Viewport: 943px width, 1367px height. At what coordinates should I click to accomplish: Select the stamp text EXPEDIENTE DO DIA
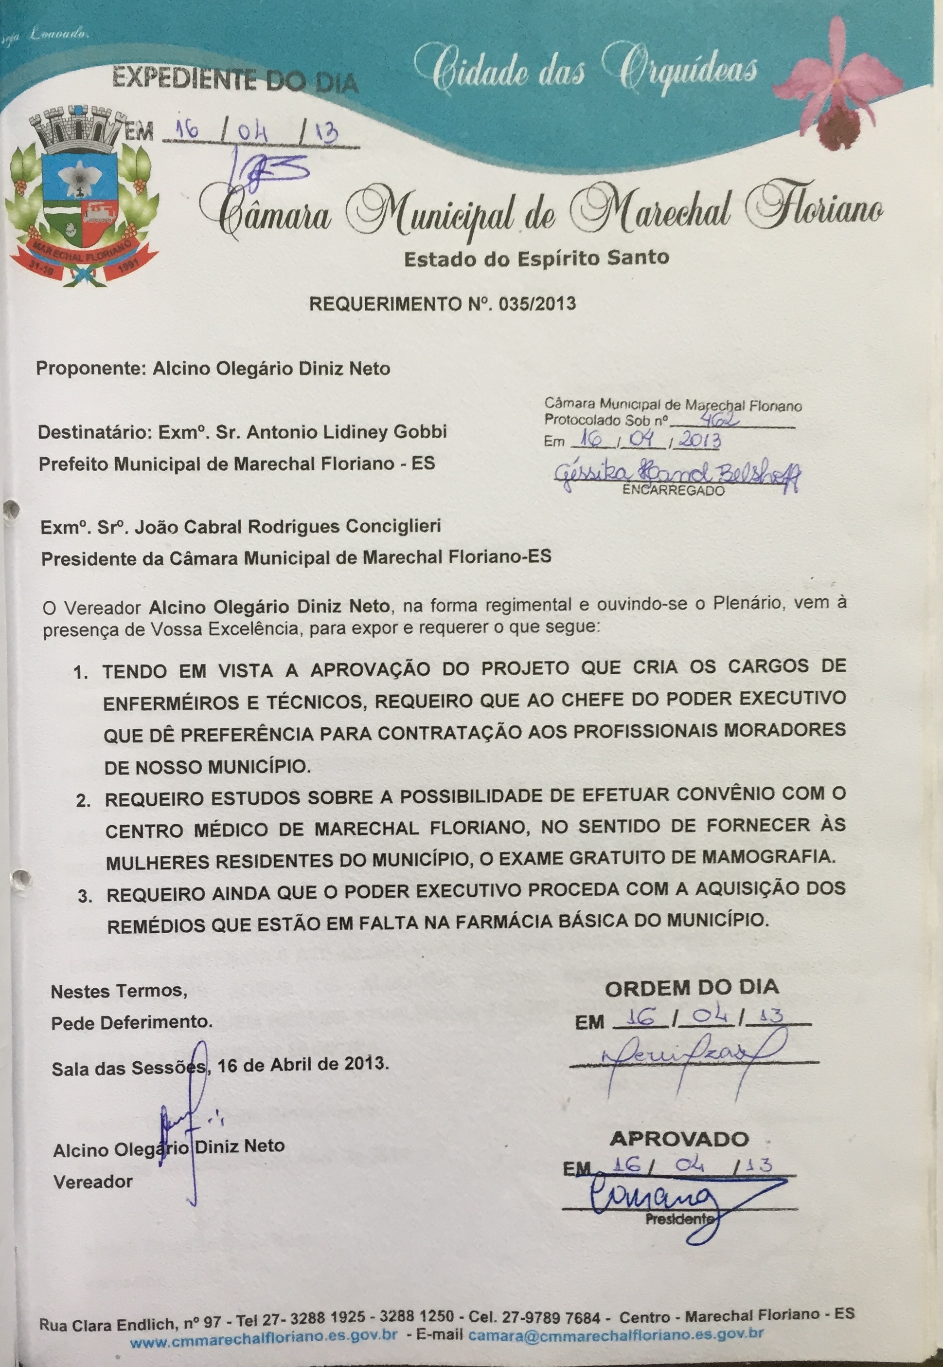(x=234, y=81)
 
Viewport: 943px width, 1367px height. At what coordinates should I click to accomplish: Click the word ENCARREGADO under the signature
(x=674, y=490)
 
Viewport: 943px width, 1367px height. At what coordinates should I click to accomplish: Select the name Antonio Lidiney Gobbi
(x=346, y=432)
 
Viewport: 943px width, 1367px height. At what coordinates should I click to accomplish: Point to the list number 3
(x=85, y=896)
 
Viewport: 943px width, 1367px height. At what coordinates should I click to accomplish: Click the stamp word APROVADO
(x=679, y=1139)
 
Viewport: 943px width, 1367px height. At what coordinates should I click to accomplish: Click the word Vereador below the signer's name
(x=93, y=1182)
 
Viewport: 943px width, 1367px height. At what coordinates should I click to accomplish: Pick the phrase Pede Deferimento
(x=131, y=1022)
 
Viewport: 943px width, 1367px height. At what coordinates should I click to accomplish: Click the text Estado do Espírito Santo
(x=536, y=259)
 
